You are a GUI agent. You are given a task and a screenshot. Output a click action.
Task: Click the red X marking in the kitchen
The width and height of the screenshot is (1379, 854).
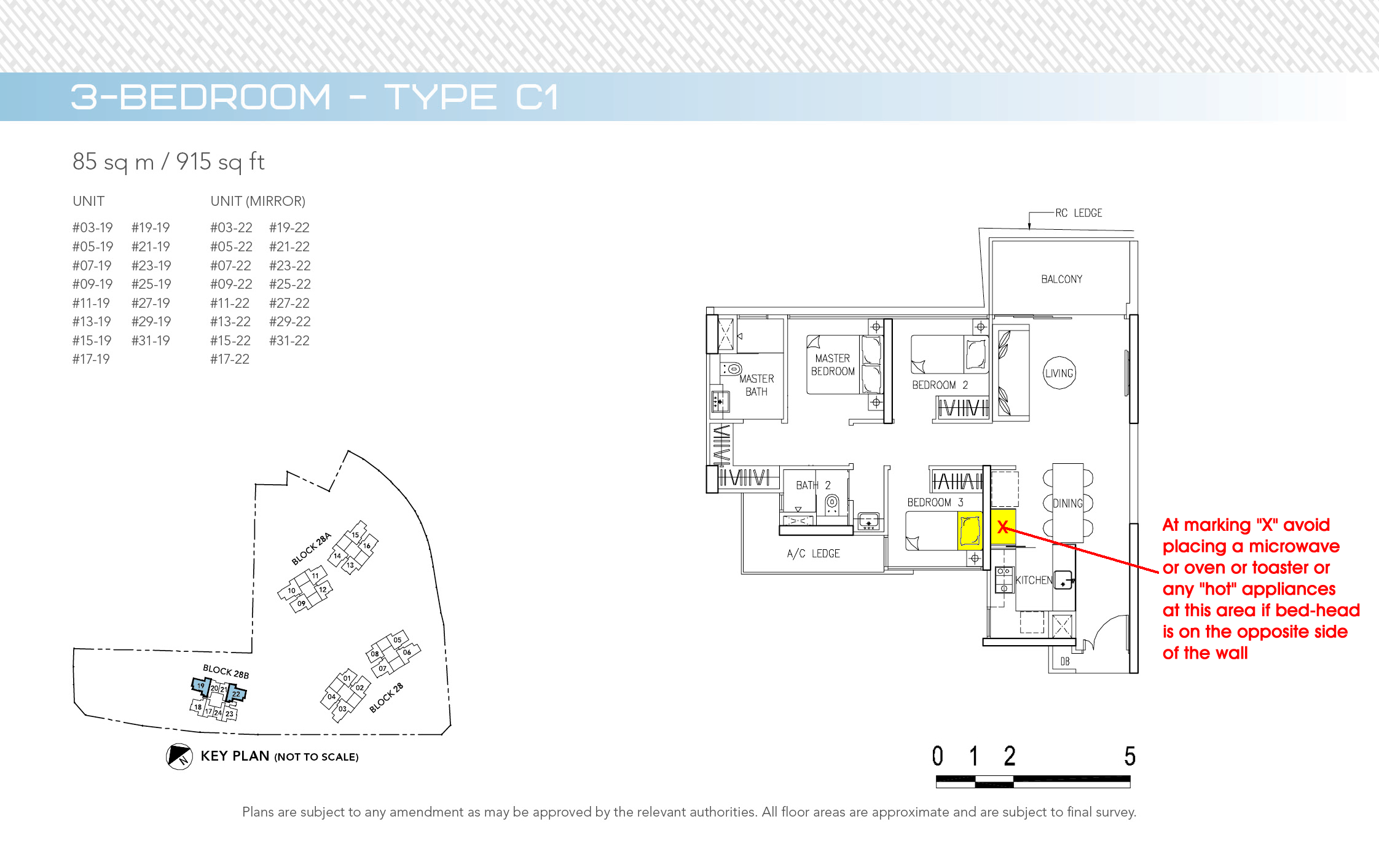coord(1003,527)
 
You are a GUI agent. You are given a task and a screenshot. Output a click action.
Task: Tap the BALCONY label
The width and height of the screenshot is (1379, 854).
coord(1061,279)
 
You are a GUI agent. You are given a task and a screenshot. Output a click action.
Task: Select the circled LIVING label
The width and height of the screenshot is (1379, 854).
coord(1059,373)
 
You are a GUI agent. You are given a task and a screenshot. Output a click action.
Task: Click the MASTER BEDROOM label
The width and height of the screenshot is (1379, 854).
coord(833,365)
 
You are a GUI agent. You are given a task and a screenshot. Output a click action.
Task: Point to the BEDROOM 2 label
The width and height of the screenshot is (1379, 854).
coord(940,385)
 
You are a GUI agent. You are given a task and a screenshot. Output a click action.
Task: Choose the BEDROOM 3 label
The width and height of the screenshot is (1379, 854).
coord(935,503)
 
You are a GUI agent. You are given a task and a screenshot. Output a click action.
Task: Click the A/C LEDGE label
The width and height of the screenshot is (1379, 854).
coord(813,554)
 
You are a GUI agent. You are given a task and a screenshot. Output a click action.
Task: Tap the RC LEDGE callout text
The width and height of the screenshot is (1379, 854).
coord(1078,213)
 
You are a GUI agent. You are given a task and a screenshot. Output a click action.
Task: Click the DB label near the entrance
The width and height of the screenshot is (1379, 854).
coord(1065,662)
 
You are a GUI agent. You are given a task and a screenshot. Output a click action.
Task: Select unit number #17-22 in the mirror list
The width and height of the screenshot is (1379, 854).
coord(230,359)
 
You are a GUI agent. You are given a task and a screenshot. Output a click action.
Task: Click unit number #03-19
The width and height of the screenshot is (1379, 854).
coord(92,228)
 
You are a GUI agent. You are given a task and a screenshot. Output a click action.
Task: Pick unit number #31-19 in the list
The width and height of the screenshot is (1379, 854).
coord(151,341)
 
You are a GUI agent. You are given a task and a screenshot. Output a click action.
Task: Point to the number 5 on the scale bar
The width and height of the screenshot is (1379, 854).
coord(1130,756)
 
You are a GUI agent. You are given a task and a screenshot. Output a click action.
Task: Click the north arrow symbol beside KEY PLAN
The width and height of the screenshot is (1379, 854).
coord(179,756)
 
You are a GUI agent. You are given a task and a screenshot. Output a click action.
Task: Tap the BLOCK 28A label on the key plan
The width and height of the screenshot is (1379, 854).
coord(311,549)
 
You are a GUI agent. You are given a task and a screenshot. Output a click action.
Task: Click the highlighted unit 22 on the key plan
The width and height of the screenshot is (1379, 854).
coord(236,694)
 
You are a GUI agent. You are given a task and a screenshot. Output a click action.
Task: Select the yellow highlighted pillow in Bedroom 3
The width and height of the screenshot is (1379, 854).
coord(970,531)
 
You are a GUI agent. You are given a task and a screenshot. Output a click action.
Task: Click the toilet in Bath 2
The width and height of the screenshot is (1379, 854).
coord(831,504)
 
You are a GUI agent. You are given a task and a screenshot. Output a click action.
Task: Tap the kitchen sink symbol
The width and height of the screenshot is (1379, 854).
coord(1064,580)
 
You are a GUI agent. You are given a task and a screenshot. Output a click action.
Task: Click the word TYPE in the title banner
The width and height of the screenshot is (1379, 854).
coord(440,97)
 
